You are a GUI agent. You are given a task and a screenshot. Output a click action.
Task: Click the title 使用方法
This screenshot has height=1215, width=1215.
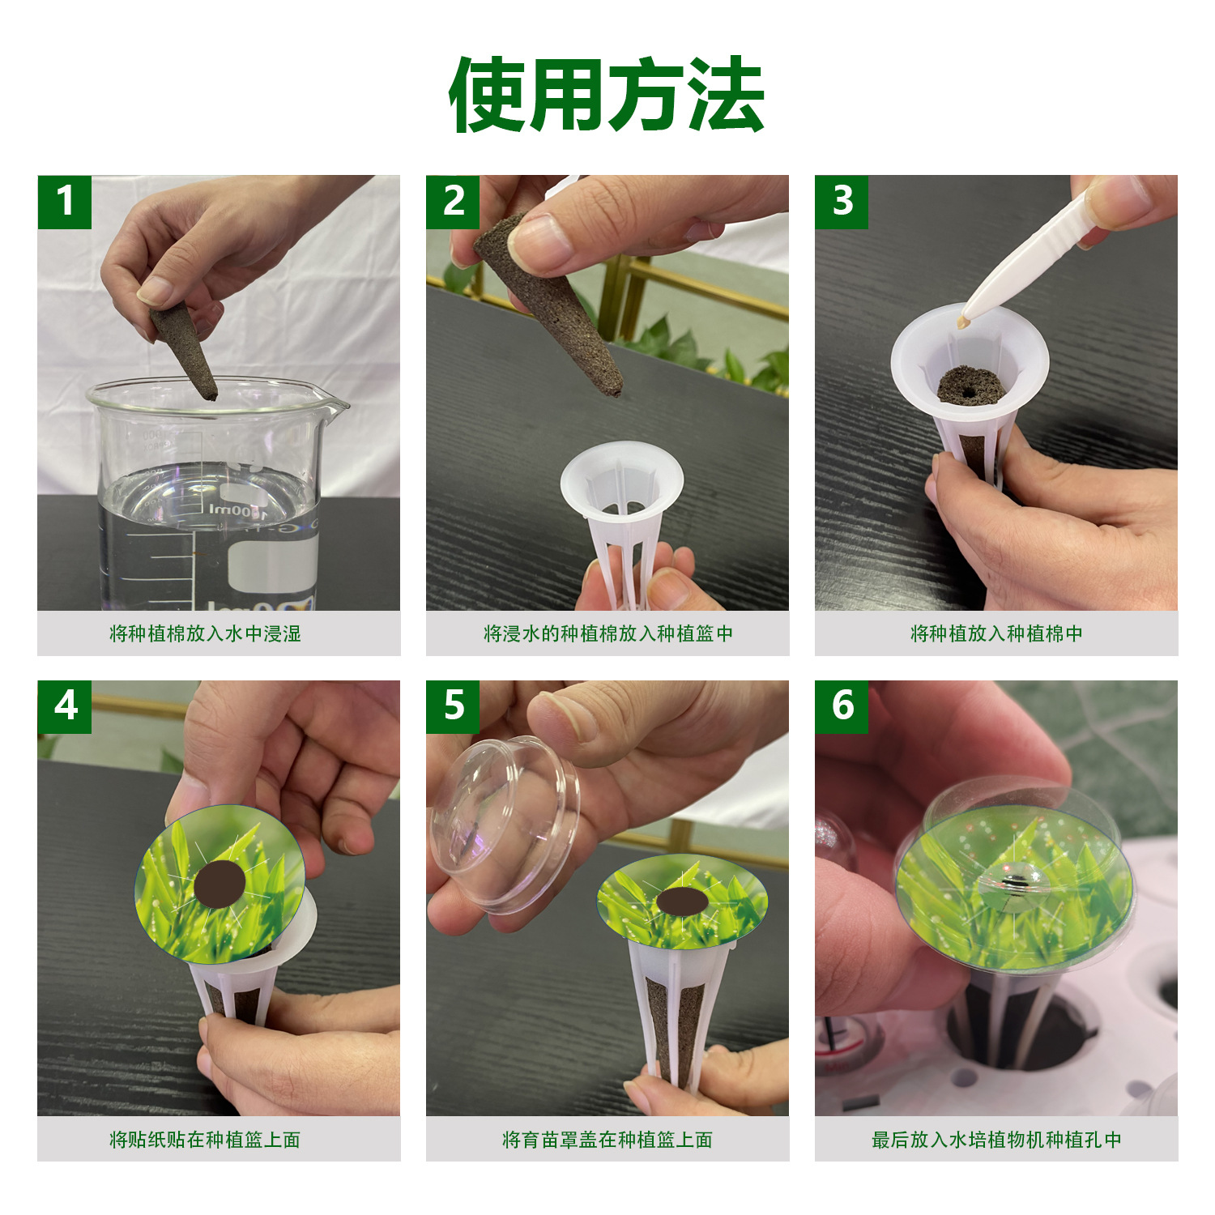(x=607, y=95)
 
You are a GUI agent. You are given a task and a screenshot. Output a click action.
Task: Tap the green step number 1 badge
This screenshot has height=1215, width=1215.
(x=65, y=202)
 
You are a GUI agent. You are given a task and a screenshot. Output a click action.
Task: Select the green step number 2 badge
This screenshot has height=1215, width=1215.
(x=453, y=202)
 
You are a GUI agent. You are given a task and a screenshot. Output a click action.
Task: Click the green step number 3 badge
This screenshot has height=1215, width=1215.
(x=842, y=202)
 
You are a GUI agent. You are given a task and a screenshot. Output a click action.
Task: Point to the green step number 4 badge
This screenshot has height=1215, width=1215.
(x=65, y=706)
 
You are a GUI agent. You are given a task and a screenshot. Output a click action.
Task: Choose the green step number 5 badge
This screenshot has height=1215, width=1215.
(x=453, y=706)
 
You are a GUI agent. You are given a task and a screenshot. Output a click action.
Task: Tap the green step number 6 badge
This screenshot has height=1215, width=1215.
(x=842, y=706)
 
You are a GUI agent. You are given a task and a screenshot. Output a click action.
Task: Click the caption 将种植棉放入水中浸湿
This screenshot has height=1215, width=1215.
(x=205, y=633)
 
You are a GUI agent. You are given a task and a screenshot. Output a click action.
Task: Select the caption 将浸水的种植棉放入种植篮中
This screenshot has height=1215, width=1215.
(x=607, y=633)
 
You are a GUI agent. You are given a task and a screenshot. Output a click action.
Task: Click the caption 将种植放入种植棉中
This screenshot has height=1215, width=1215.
(x=996, y=633)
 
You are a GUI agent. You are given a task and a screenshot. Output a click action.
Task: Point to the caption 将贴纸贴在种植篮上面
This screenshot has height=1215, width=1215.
(x=205, y=1140)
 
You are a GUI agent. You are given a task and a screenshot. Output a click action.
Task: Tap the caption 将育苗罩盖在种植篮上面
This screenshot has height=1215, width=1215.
(x=607, y=1140)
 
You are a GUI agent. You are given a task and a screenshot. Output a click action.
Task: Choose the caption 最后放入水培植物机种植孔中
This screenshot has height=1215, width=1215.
(x=996, y=1140)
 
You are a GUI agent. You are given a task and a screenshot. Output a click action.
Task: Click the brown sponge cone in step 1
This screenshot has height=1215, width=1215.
(x=185, y=350)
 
